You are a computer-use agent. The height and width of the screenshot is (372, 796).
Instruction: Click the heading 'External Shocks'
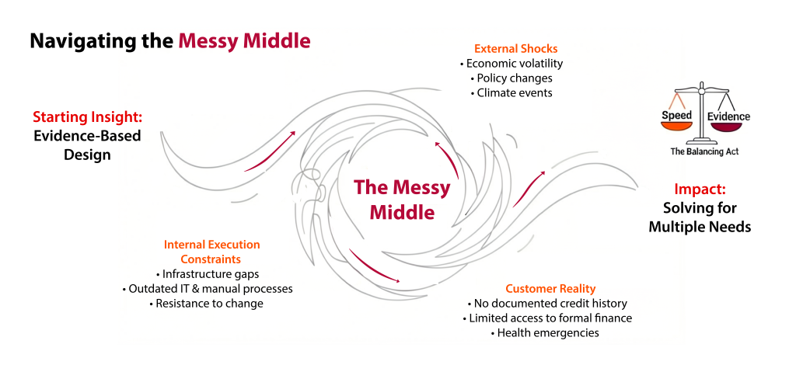tap(516, 49)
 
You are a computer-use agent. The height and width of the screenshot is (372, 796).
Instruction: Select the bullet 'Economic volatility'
tap(511, 64)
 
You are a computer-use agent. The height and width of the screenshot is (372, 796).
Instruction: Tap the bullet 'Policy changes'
tap(511, 78)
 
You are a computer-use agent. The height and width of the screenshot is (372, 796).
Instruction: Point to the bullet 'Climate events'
tap(511, 93)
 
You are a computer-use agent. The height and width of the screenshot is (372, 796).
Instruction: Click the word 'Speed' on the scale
tap(676, 115)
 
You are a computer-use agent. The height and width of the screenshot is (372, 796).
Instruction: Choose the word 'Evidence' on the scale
tap(729, 116)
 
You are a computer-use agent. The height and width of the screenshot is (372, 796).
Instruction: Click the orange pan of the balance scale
tap(677, 127)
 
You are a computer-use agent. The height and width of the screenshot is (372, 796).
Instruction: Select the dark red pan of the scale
tap(729, 127)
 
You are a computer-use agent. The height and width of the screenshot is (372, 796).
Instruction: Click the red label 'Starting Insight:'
tap(87, 117)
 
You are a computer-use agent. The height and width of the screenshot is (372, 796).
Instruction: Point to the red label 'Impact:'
tap(700, 189)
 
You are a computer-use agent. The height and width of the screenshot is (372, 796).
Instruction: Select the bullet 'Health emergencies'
tap(545, 333)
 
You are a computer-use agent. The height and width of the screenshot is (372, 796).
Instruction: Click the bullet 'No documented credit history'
tap(546, 304)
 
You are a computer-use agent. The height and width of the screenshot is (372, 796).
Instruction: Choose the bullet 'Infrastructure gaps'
tap(207, 274)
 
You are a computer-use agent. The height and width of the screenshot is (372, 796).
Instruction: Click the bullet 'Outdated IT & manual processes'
tap(207, 289)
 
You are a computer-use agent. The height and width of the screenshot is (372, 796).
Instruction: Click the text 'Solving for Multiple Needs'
tap(700, 217)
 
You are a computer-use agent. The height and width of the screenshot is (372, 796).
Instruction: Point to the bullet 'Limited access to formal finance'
tap(546, 318)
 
